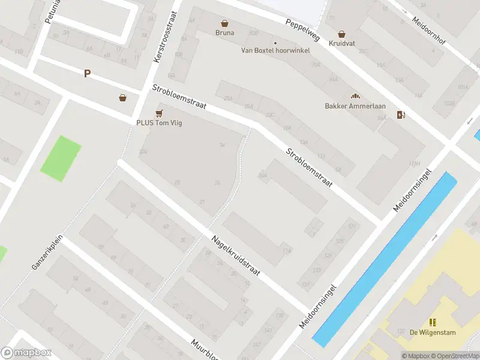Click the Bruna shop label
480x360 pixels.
click(x=225, y=33)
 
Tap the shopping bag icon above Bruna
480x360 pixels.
click(x=225, y=23)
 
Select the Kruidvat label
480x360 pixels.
click(x=341, y=44)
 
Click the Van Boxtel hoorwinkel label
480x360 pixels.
click(x=275, y=50)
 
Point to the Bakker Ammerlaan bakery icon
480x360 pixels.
click(x=355, y=96)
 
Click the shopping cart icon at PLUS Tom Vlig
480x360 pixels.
click(x=159, y=113)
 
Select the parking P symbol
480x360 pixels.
click(x=88, y=73)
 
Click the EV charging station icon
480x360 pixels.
click(x=400, y=115)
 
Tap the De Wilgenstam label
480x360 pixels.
click(x=432, y=332)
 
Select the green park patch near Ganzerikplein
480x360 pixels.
click(x=60, y=158)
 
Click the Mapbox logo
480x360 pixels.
click(x=26, y=353)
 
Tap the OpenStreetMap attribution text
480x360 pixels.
click(x=458, y=356)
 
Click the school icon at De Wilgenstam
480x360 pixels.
click(x=433, y=322)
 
